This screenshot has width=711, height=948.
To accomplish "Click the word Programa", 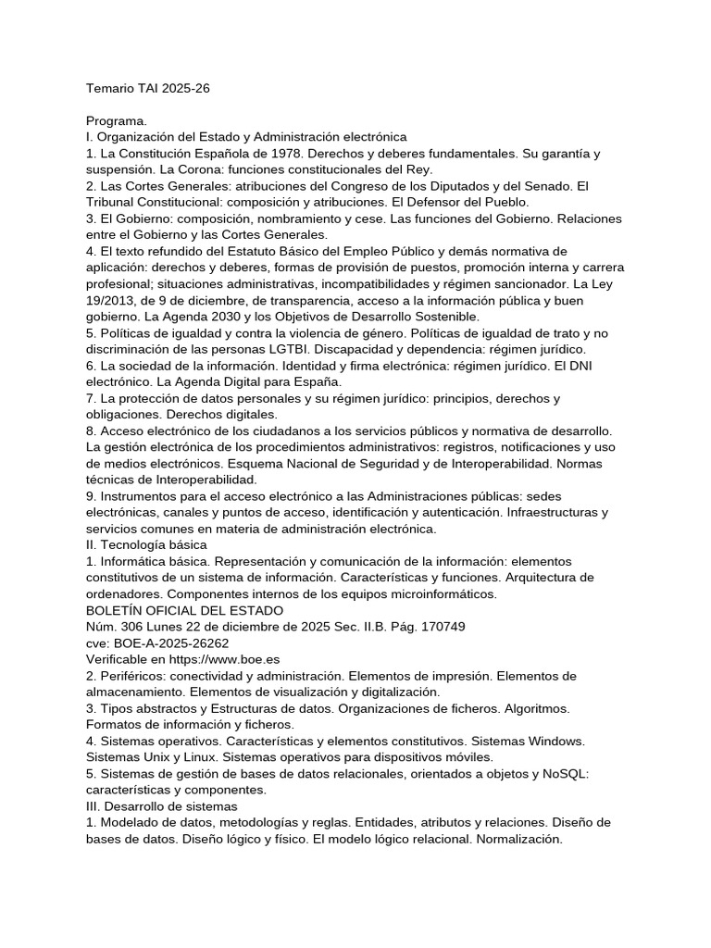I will pyautogui.click(x=117, y=120).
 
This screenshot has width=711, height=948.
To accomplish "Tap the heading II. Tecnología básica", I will pyautogui.click(x=146, y=544).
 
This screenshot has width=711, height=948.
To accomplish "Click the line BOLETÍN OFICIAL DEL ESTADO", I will pyautogui.click(x=185, y=610).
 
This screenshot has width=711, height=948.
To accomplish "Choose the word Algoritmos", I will pyautogui.click(x=535, y=708).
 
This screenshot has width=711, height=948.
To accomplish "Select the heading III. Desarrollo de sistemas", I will pyautogui.click(x=162, y=806).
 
